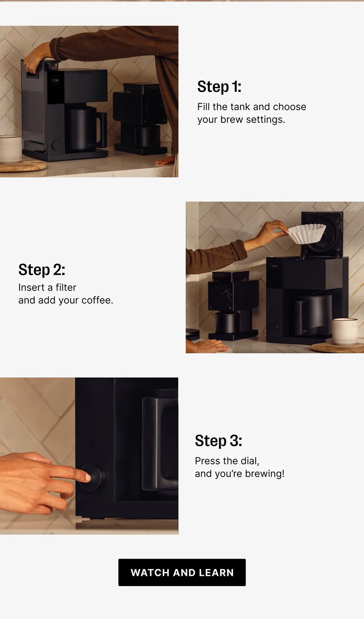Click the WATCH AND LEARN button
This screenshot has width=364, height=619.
pos(182,572)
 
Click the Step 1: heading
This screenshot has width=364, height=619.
pos(219,86)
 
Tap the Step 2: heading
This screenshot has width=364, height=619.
pos(42,269)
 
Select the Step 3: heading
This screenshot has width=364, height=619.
pos(218,440)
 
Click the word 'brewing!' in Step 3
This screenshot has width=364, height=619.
pos(264,473)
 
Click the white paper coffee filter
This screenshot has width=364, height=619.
pos(307,233)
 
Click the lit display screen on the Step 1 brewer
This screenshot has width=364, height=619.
pos(56,86)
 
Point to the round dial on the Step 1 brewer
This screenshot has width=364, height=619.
pos(57,146)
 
